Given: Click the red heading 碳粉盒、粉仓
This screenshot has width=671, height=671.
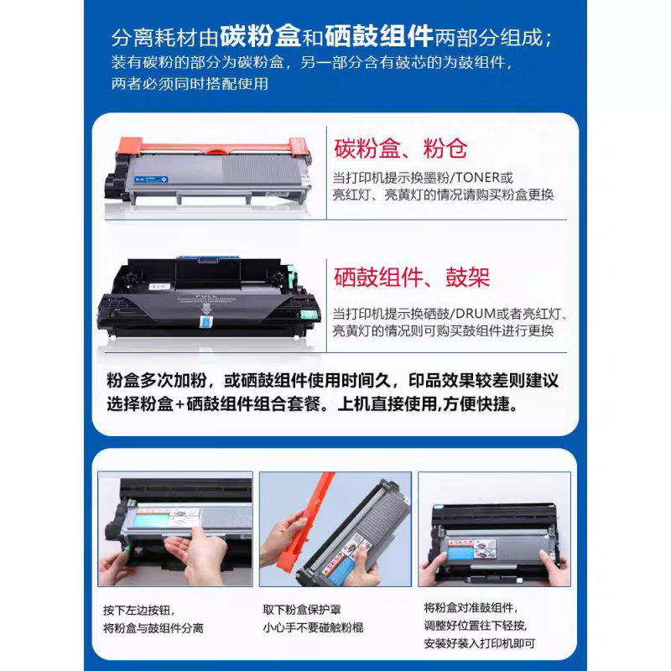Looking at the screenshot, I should click(x=400, y=149).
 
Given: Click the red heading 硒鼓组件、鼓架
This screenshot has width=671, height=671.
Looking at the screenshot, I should click(x=412, y=277).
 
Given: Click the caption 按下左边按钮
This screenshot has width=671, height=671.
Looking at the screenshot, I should click(x=139, y=610).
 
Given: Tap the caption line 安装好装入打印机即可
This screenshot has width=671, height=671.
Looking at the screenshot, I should click(x=479, y=644).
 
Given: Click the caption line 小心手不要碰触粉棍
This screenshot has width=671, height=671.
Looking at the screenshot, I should click(x=313, y=627).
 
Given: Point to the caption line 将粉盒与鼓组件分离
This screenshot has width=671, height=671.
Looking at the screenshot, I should click(x=153, y=627).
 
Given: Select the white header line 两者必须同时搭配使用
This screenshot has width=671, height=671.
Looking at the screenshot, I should click(x=189, y=84).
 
